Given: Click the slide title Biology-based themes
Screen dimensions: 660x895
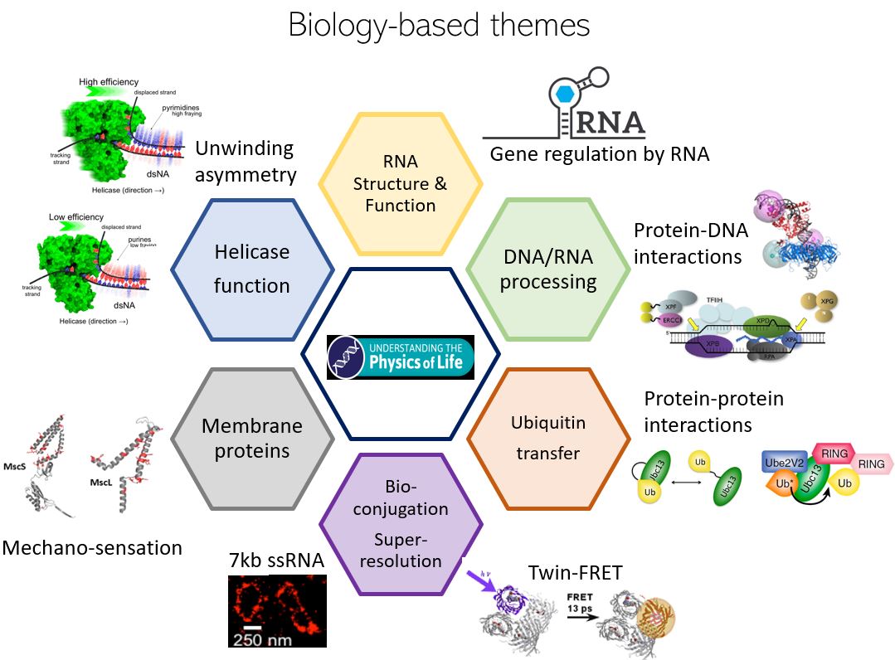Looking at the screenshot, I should pos(439,25).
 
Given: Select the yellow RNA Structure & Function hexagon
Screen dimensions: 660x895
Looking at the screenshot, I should pos(400,183).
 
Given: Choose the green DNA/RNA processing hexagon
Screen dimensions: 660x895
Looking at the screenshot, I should pos(548,269).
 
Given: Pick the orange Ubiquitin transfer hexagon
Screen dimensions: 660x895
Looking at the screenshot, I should pos(548,437).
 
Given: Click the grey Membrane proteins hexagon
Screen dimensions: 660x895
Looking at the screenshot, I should pos(252,438).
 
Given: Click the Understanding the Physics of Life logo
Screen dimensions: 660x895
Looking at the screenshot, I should pos(401,357).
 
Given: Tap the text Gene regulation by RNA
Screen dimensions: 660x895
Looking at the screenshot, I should pos(599,153).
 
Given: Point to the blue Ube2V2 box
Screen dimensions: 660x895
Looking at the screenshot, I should pos(786,462).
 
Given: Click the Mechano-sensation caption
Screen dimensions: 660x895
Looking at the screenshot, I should pos(92,547).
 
